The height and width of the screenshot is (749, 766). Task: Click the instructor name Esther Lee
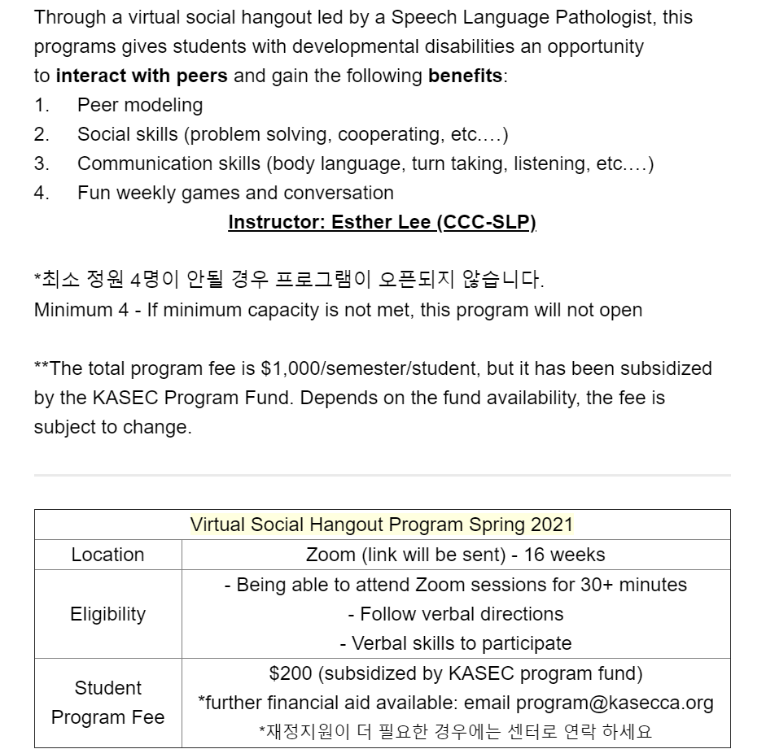pos(381,223)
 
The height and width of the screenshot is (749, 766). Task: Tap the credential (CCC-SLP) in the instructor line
pos(486,223)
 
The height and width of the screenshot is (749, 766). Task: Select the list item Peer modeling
pos(140,105)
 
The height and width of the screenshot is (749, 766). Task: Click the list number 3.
pos(42,163)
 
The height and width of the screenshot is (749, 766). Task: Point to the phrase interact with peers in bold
pos(142,76)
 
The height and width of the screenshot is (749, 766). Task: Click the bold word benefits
pos(465,76)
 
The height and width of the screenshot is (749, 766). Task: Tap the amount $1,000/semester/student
pos(371,368)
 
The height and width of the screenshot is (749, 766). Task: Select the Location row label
pos(107,555)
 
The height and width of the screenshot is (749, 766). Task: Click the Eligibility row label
pos(107,614)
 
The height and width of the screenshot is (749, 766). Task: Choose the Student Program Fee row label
pos(107,703)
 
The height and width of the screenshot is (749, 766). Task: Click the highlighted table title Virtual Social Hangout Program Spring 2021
pos(381,525)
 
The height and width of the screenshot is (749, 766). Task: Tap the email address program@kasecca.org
pos(615,703)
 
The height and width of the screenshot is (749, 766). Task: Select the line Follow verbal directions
pos(456,614)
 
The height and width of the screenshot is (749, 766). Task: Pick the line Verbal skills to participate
pos(456,643)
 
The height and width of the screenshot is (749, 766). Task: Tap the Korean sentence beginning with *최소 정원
pos(289,281)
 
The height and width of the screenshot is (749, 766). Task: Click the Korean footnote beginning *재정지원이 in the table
pos(456,731)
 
